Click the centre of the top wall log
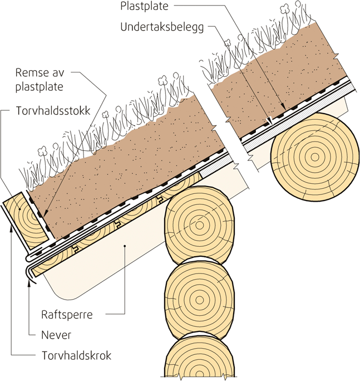coord(199,224)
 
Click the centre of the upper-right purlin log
coord(315,157)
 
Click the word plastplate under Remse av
coord(47,86)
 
